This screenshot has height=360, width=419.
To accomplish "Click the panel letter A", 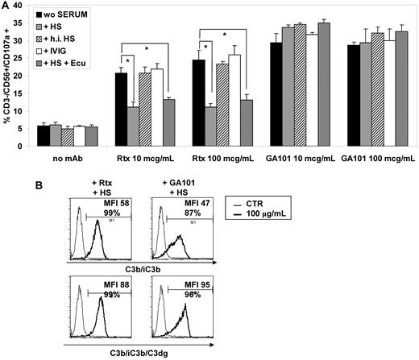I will click(6, 6).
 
